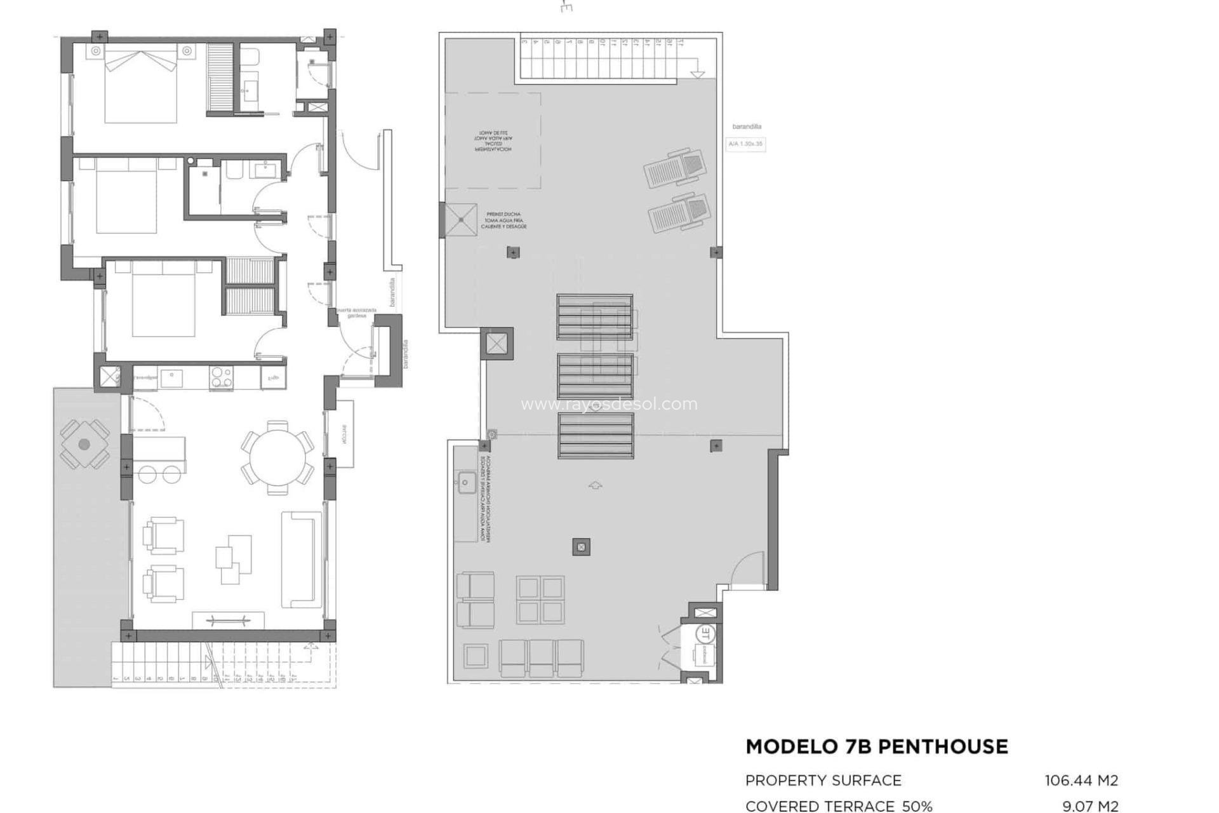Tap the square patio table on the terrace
coord(84,445)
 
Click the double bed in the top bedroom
coord(140,86)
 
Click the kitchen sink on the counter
coord(170,377)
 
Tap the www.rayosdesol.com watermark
coord(608,404)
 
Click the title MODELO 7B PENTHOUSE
coord(876,747)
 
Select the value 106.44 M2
coord(1081,780)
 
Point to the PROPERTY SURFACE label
coord(823,780)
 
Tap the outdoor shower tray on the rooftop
coord(460,220)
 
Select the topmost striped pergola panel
coord(595,316)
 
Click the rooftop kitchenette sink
coord(465,483)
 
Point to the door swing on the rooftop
coord(749,568)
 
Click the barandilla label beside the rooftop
coord(746,126)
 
